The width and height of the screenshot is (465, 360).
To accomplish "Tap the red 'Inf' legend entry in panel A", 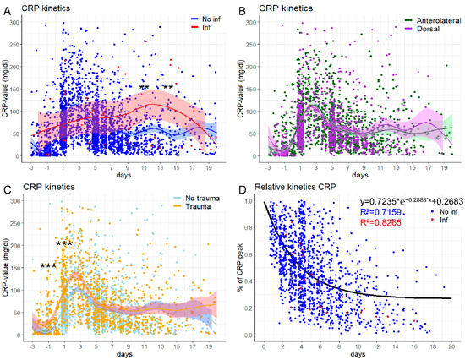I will [186, 28].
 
